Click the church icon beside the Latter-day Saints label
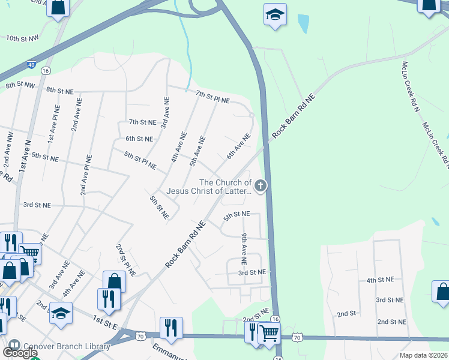coord(261,186)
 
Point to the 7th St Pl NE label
coord(212,97)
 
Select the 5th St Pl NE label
coord(140,160)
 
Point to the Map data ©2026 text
coord(423,355)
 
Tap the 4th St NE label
coord(380,280)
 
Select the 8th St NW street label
coord(20,86)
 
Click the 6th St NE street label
coord(139,139)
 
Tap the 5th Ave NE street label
coord(197,151)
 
